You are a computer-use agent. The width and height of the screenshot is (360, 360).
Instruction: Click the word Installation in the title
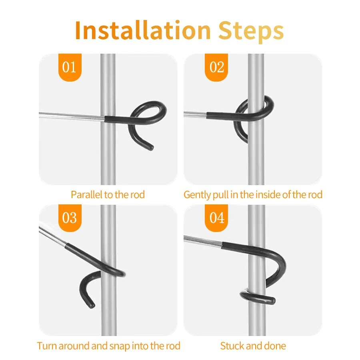tap(142, 30)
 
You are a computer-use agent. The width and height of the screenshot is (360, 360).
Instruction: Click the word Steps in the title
tap(251, 32)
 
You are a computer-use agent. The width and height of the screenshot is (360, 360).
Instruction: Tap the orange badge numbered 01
tap(70, 67)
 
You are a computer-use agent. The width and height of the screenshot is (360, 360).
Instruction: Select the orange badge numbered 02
tap(216, 67)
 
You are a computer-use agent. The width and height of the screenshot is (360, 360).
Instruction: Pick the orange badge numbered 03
tap(70, 218)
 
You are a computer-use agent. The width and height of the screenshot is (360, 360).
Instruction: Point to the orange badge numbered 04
tap(216, 218)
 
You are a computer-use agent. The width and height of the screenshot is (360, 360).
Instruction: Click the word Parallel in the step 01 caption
tap(86, 195)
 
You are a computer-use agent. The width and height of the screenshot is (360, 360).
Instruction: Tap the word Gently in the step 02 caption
tap(197, 195)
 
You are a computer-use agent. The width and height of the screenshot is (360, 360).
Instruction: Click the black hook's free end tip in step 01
tap(151, 147)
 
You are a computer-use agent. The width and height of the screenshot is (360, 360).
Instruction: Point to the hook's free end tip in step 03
tap(92, 305)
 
